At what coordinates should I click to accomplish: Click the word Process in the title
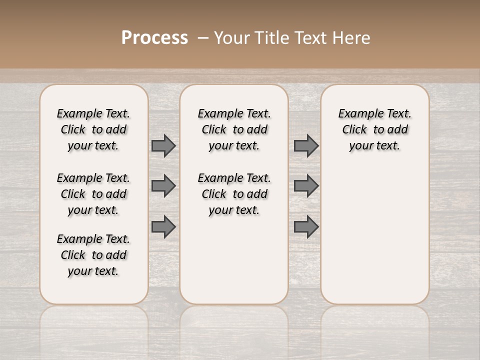click(x=154, y=38)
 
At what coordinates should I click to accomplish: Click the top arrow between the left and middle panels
click(x=163, y=145)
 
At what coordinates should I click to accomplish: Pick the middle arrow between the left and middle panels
click(x=163, y=186)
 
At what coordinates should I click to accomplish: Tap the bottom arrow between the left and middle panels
click(x=163, y=226)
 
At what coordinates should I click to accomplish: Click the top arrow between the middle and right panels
click(x=306, y=145)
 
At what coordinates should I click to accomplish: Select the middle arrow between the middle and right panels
click(x=306, y=186)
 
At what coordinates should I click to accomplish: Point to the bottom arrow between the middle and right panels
click(x=306, y=226)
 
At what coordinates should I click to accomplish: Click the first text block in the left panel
click(x=93, y=129)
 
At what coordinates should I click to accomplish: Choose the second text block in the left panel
click(x=93, y=194)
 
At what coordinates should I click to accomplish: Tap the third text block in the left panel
click(x=93, y=255)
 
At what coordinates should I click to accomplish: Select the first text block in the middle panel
click(x=234, y=129)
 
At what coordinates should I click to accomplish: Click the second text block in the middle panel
click(x=234, y=194)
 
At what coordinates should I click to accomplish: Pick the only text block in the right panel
click(x=375, y=129)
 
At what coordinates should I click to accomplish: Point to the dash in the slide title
click(x=202, y=38)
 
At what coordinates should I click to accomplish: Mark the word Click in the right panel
click(x=354, y=130)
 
